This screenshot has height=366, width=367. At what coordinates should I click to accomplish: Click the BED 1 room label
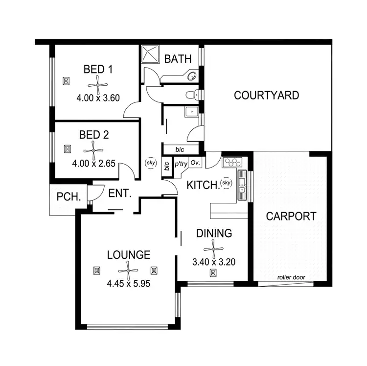click(98, 70)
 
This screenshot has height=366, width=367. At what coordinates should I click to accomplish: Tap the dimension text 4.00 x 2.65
click(93, 164)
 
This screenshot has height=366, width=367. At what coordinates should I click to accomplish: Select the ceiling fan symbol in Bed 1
click(98, 84)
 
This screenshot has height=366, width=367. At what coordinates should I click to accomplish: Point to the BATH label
click(178, 59)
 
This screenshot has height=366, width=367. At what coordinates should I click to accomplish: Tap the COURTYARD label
click(266, 95)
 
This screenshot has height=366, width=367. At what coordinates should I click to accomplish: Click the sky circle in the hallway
click(150, 162)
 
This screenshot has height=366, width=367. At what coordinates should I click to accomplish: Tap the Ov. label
click(195, 162)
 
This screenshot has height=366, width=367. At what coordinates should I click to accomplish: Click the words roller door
click(291, 277)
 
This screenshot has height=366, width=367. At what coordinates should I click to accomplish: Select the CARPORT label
click(291, 216)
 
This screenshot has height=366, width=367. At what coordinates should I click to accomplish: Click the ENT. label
click(120, 194)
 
